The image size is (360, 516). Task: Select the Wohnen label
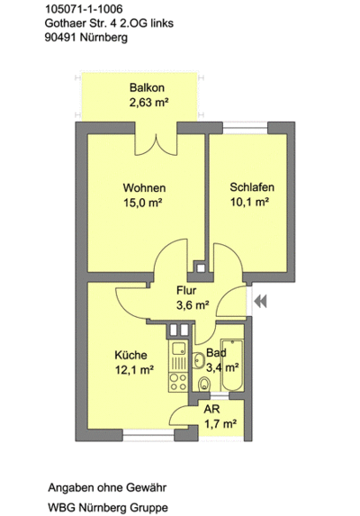pos(144,188)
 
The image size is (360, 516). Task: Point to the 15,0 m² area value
pos(143,204)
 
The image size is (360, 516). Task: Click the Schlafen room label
pos(252,187)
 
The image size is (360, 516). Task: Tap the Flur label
pos(186,290)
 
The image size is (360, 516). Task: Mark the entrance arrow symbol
pos(262,302)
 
